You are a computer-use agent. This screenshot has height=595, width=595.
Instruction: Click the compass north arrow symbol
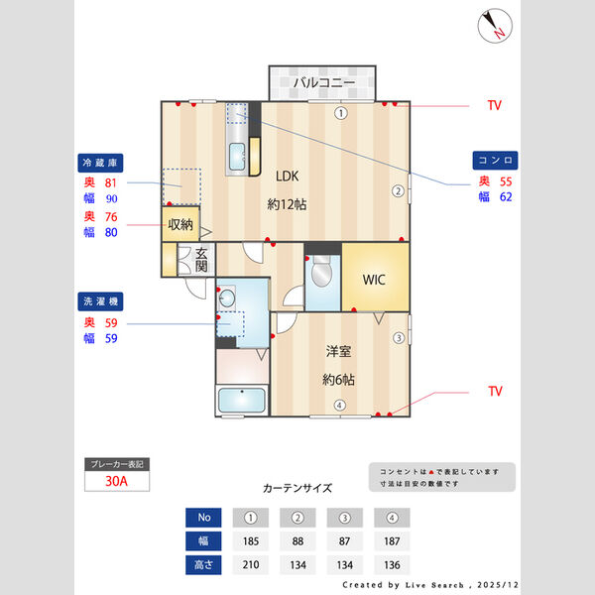495,26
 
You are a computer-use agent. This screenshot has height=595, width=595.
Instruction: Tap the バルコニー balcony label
324,82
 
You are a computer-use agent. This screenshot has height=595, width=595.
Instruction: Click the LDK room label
287,177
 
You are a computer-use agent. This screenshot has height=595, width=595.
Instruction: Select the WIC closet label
374,280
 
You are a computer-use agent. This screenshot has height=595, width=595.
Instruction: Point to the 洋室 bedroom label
338,351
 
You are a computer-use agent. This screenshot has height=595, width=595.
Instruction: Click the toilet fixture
321,271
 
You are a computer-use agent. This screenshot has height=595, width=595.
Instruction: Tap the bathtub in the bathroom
242,401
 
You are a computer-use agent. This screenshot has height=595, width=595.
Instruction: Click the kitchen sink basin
237,157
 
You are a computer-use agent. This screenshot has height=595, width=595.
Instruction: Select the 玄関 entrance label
201,260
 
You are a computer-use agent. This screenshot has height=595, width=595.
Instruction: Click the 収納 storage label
180,225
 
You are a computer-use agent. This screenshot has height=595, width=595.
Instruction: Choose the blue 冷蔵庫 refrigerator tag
100,163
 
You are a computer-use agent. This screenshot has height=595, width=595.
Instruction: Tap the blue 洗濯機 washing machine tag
100,301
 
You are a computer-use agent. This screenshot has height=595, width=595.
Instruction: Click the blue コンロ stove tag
495,160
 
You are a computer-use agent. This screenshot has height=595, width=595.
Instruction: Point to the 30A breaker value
116,481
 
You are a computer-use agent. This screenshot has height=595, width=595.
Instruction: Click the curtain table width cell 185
251,541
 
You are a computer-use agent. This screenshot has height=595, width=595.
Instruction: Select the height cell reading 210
251,565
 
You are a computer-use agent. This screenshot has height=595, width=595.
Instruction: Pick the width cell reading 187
392,541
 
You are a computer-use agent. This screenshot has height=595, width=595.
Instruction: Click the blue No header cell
203,518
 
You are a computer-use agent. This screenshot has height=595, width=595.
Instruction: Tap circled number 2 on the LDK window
398,190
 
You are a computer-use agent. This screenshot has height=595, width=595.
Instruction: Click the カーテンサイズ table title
297,488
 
